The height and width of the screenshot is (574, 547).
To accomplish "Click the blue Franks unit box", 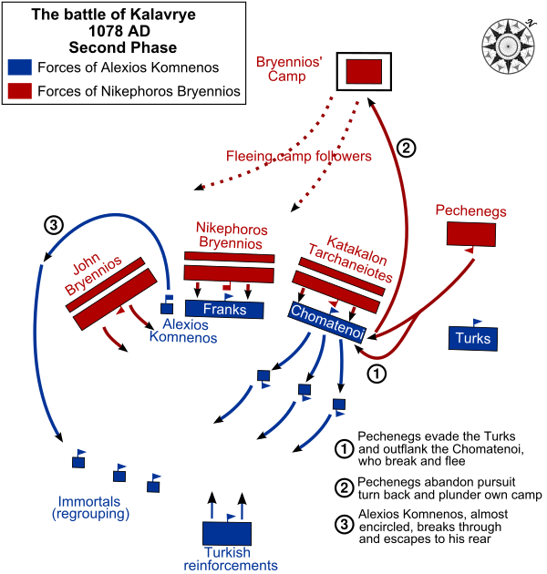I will pyautogui.click(x=224, y=310).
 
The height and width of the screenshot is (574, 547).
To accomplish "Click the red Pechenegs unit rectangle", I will pyautogui.click(x=471, y=234).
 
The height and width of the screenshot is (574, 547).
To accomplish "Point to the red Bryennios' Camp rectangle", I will pyautogui.click(x=364, y=72).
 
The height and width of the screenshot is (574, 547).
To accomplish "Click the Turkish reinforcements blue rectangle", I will pyautogui.click(x=227, y=534).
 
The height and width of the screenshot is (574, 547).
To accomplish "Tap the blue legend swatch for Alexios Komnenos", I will pyautogui.click(x=20, y=67).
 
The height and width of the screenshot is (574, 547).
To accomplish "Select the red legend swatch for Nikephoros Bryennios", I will pyautogui.click(x=20, y=90).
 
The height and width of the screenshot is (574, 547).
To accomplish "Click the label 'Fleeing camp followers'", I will pyautogui.click(x=299, y=157).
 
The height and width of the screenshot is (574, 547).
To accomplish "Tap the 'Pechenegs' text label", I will pyautogui.click(x=470, y=211).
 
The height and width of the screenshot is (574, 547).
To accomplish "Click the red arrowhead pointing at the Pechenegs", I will pyautogui.click(x=472, y=251).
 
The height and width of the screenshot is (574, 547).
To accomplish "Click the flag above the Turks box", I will pyautogui.click(x=476, y=321).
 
